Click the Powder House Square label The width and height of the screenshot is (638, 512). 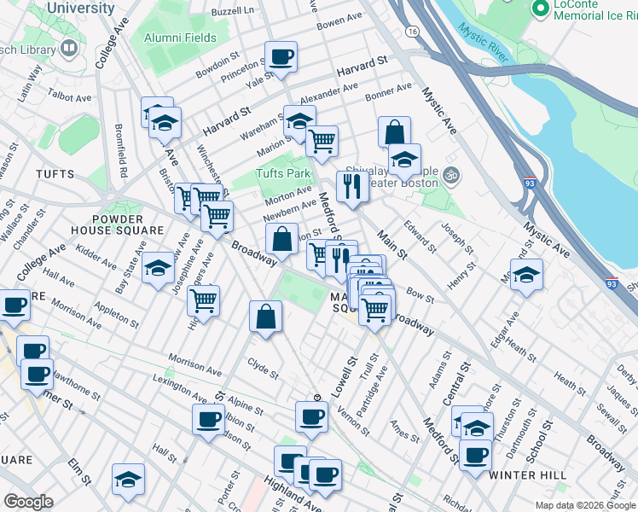118,224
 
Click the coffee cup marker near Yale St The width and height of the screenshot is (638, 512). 281,58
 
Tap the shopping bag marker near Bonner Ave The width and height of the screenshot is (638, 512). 394,132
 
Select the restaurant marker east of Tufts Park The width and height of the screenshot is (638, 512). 352,186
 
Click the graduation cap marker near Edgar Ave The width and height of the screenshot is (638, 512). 527,276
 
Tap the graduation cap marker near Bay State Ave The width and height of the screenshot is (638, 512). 158,269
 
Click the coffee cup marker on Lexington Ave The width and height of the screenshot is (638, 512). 209,420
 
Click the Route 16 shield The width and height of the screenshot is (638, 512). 413,31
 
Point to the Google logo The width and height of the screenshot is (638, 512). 29,502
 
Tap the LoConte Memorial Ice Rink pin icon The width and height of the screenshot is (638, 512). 539,9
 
